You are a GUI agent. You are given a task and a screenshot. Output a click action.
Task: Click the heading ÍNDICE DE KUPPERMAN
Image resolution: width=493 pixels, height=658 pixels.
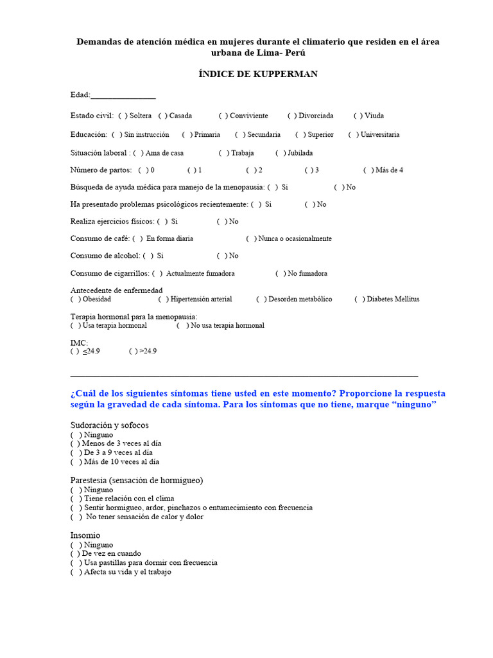257,74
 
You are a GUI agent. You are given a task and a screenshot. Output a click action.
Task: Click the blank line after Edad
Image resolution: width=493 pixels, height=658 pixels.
123,96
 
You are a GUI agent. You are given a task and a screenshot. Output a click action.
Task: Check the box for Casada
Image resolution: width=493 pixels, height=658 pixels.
162,116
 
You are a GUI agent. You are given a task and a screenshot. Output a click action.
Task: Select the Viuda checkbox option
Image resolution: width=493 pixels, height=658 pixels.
358,116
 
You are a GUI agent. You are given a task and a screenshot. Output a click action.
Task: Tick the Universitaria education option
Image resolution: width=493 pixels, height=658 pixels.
353,135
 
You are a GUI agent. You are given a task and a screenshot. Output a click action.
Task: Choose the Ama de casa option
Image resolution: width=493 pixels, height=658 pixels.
139,153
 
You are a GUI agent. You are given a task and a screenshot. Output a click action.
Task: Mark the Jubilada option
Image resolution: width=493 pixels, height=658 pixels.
281,153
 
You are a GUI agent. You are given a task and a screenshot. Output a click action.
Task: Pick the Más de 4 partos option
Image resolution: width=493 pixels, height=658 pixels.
368,170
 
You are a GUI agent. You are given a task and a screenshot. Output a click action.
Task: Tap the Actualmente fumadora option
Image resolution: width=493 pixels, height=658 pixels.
157,273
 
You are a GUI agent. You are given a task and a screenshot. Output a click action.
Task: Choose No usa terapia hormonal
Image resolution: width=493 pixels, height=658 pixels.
182,326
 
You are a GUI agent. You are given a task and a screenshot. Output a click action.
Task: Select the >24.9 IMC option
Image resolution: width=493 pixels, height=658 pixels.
134,351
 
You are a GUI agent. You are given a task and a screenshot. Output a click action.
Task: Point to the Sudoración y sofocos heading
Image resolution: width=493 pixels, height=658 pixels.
109,425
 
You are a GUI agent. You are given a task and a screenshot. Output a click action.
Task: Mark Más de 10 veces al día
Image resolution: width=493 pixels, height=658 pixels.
76,461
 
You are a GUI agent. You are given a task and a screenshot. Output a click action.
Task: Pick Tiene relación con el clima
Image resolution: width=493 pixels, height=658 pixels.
76,499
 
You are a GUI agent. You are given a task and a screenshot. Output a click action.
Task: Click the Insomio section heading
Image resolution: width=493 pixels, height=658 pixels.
85,535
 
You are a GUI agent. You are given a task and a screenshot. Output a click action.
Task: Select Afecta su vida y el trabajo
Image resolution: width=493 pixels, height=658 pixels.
76,572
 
